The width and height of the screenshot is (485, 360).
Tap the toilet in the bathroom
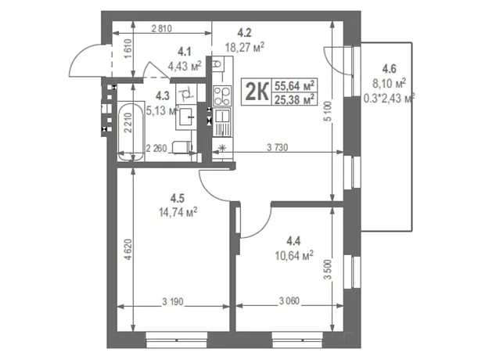[181, 147]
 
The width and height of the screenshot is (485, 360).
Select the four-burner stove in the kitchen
[222, 95]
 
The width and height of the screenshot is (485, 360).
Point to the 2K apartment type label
[257, 92]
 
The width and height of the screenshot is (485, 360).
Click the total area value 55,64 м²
[294, 85]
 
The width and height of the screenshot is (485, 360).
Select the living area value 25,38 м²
[294, 99]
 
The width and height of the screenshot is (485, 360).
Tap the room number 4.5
[178, 198]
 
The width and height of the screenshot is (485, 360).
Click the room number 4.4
[293, 240]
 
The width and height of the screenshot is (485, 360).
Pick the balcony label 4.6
[389, 68]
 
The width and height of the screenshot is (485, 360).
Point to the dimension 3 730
[277, 148]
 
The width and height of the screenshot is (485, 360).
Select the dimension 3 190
[173, 301]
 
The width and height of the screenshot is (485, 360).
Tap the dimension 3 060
[289, 301]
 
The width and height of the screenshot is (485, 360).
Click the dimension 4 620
[129, 250]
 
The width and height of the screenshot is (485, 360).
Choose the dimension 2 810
[161, 29]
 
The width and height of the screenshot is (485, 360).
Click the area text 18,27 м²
[245, 48]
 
